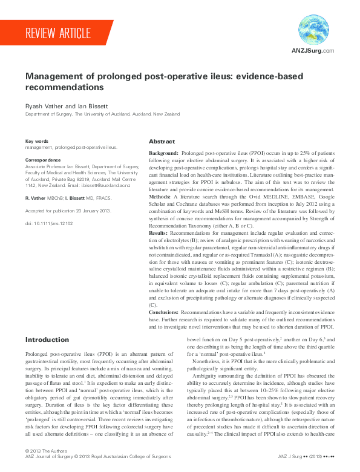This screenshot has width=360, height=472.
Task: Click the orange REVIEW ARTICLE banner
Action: pyautogui.click(x=58, y=33)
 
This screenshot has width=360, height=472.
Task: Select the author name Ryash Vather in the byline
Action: pyautogui.click(x=42, y=106)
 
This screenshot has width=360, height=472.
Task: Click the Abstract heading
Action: pyautogui.click(x=162, y=141)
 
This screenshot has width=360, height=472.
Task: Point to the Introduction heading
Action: pyautogui.click(x=47, y=339)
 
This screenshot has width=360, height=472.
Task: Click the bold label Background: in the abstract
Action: pyautogui.click(x=163, y=154)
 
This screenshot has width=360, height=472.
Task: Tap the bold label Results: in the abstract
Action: pyautogui.click(x=159, y=232)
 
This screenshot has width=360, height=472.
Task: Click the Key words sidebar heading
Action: pyautogui.click(x=36, y=141)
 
